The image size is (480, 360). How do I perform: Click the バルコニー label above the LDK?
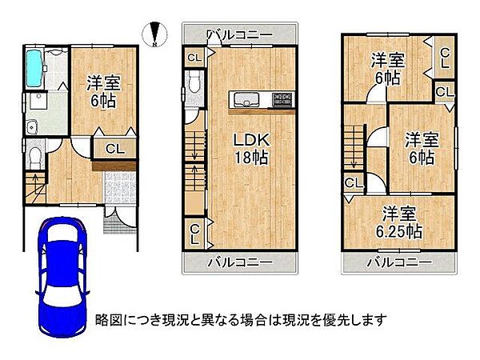[238, 34]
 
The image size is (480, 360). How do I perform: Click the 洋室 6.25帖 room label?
[401, 222]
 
